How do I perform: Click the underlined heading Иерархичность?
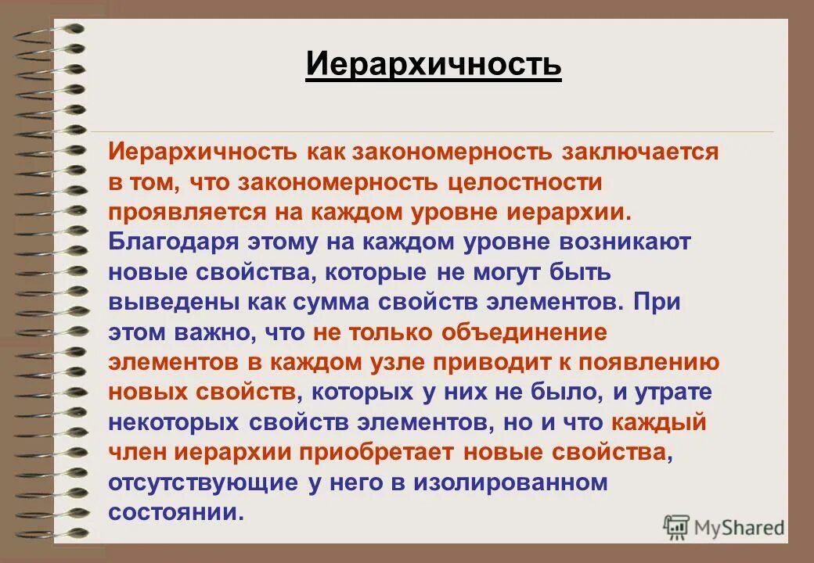[x=433, y=64]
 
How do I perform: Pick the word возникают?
[x=625, y=242]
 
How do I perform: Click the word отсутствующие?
[x=203, y=482]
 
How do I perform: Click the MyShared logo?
[x=724, y=528]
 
